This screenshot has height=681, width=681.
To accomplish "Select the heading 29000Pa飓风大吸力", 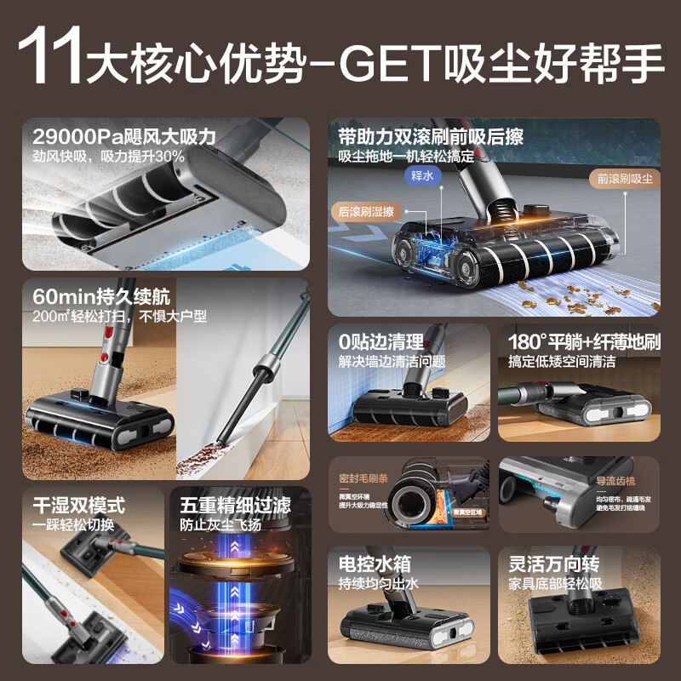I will (124, 136).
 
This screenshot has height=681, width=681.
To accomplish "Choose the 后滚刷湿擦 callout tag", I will (367, 211).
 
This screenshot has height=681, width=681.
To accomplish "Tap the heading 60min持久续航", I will (101, 297).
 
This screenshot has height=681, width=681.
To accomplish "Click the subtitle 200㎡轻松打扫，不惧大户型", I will (120, 317).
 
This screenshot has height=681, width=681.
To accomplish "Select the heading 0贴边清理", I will (381, 342).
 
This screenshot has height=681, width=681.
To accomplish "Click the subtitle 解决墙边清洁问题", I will (392, 362).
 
